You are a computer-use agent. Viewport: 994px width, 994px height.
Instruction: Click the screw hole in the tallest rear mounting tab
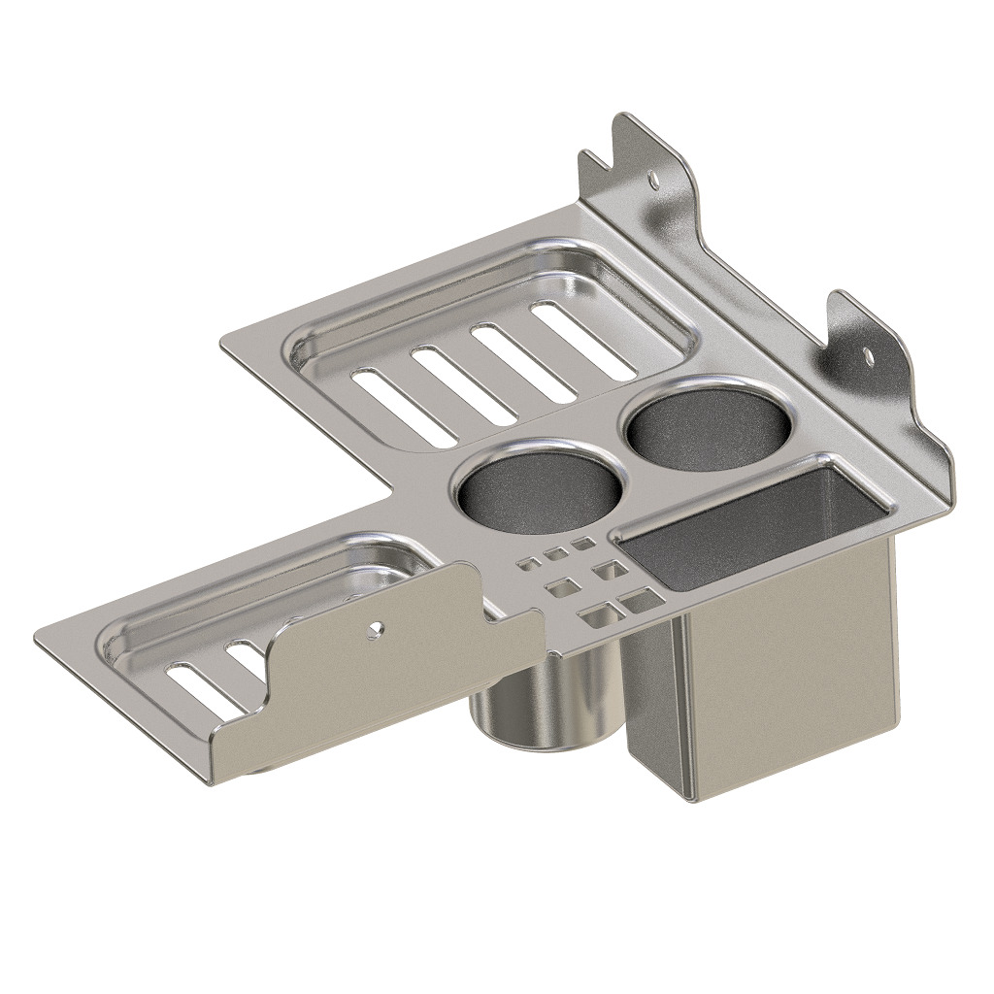click(x=653, y=180)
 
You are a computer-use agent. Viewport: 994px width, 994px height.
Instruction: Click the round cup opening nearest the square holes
click(x=538, y=490)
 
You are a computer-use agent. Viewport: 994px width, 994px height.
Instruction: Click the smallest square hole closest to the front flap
click(x=529, y=563)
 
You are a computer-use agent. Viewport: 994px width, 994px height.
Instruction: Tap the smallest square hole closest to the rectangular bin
click(x=582, y=546)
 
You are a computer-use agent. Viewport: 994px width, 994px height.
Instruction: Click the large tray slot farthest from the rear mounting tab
click(x=391, y=406)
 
